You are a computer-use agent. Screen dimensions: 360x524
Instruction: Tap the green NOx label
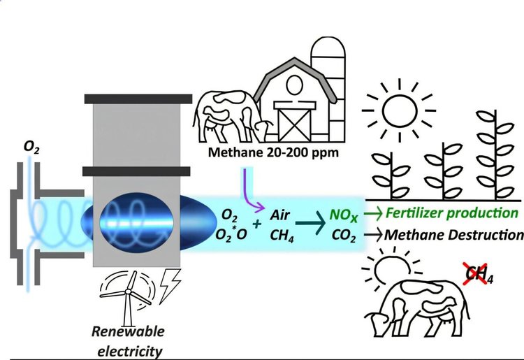coord(342,212)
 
